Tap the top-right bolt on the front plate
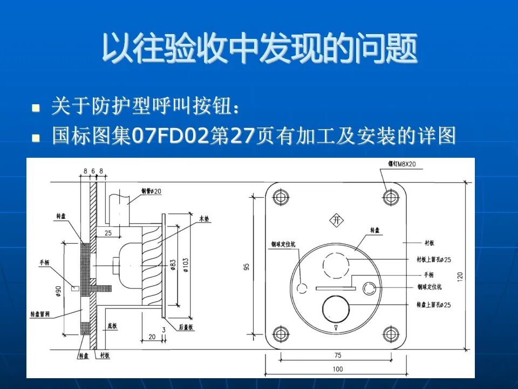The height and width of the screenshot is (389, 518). [389, 197]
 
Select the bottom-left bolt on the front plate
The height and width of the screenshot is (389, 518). [280, 333]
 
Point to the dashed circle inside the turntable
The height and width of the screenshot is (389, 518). [336, 265]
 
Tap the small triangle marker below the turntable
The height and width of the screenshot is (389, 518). [336, 328]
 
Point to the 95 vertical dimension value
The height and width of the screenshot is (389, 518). [247, 267]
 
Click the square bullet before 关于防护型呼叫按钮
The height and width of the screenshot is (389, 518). [36, 108]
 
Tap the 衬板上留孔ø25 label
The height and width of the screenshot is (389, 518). [433, 260]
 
